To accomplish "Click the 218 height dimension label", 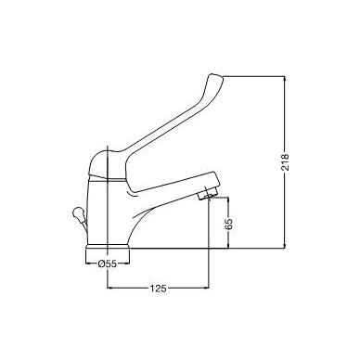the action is click(285, 161).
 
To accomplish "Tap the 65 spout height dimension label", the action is click(229, 224).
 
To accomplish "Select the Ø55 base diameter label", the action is click(107, 264).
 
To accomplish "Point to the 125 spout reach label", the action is click(159, 289).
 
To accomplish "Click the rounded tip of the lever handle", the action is click(215, 80).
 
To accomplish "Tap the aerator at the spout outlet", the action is click(207, 194).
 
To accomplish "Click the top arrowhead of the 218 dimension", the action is click(285, 79).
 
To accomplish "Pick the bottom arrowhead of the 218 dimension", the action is click(285, 245).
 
